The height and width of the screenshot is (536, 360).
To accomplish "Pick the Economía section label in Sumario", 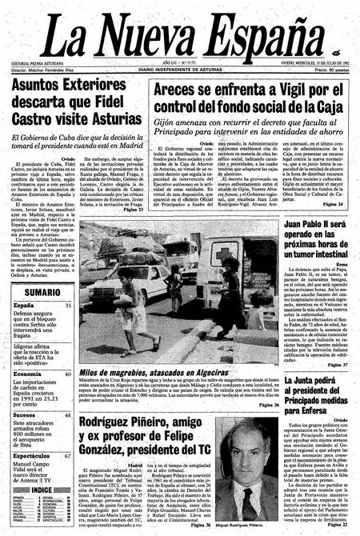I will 27,374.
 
